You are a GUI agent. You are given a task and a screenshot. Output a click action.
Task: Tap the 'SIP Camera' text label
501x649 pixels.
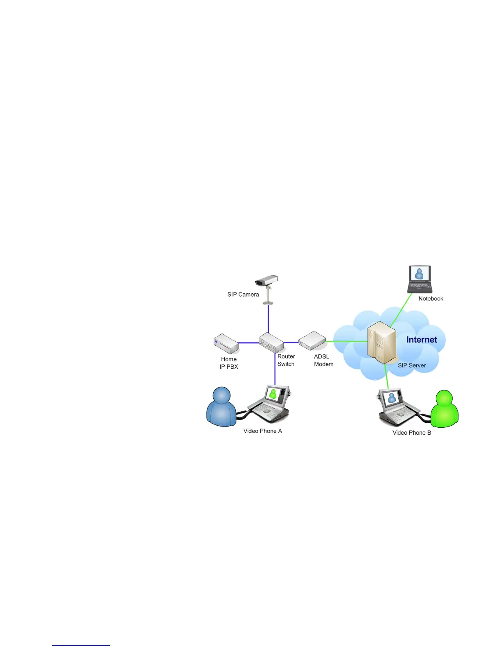pyautogui.click(x=243, y=295)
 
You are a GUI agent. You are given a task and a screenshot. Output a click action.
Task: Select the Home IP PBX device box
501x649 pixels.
pyautogui.click(x=226, y=344)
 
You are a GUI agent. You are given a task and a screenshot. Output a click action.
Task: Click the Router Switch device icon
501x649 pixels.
pyautogui.click(x=271, y=343)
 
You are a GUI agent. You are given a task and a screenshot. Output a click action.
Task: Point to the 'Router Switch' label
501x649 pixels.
pyautogui.click(x=286, y=360)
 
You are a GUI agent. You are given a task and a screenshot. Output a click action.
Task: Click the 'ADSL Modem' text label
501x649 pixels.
pyautogui.click(x=323, y=360)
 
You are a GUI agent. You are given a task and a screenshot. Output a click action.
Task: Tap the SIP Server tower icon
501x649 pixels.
pyautogui.click(x=381, y=343)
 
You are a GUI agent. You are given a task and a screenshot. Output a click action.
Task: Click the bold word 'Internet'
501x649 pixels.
pyautogui.click(x=422, y=340)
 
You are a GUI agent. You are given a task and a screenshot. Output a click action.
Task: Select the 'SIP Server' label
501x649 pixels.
pyautogui.click(x=412, y=365)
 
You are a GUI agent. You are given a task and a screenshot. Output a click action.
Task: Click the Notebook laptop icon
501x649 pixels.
pyautogui.click(x=420, y=279)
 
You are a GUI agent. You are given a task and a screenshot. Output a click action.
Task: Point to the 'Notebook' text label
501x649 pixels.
pyautogui.click(x=431, y=299)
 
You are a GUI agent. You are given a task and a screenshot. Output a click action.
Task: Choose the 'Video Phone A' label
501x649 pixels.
pyautogui.click(x=263, y=431)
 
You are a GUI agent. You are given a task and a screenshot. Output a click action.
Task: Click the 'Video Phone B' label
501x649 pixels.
pyautogui.click(x=412, y=433)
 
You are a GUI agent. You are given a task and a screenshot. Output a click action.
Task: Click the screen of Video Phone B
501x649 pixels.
pyautogui.click(x=391, y=397)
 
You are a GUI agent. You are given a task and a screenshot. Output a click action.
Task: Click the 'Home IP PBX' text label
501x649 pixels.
pyautogui.click(x=229, y=363)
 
